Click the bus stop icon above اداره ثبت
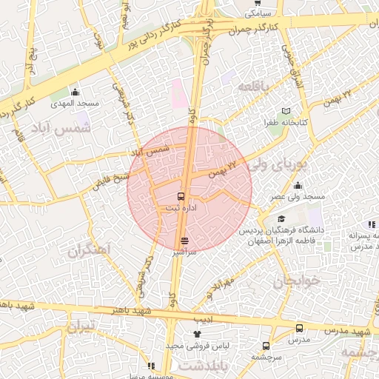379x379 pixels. coord(182,197)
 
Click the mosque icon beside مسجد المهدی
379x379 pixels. coord(75,93)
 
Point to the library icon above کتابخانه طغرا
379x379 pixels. coord(287,111)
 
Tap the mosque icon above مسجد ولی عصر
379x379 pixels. coord(298,186)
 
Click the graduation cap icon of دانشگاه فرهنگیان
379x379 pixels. coord(281,219)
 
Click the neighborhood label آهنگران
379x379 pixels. coord(88,251)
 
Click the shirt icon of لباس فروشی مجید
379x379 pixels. coord(198,335)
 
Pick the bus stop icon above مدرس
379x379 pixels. coord(299,328)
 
